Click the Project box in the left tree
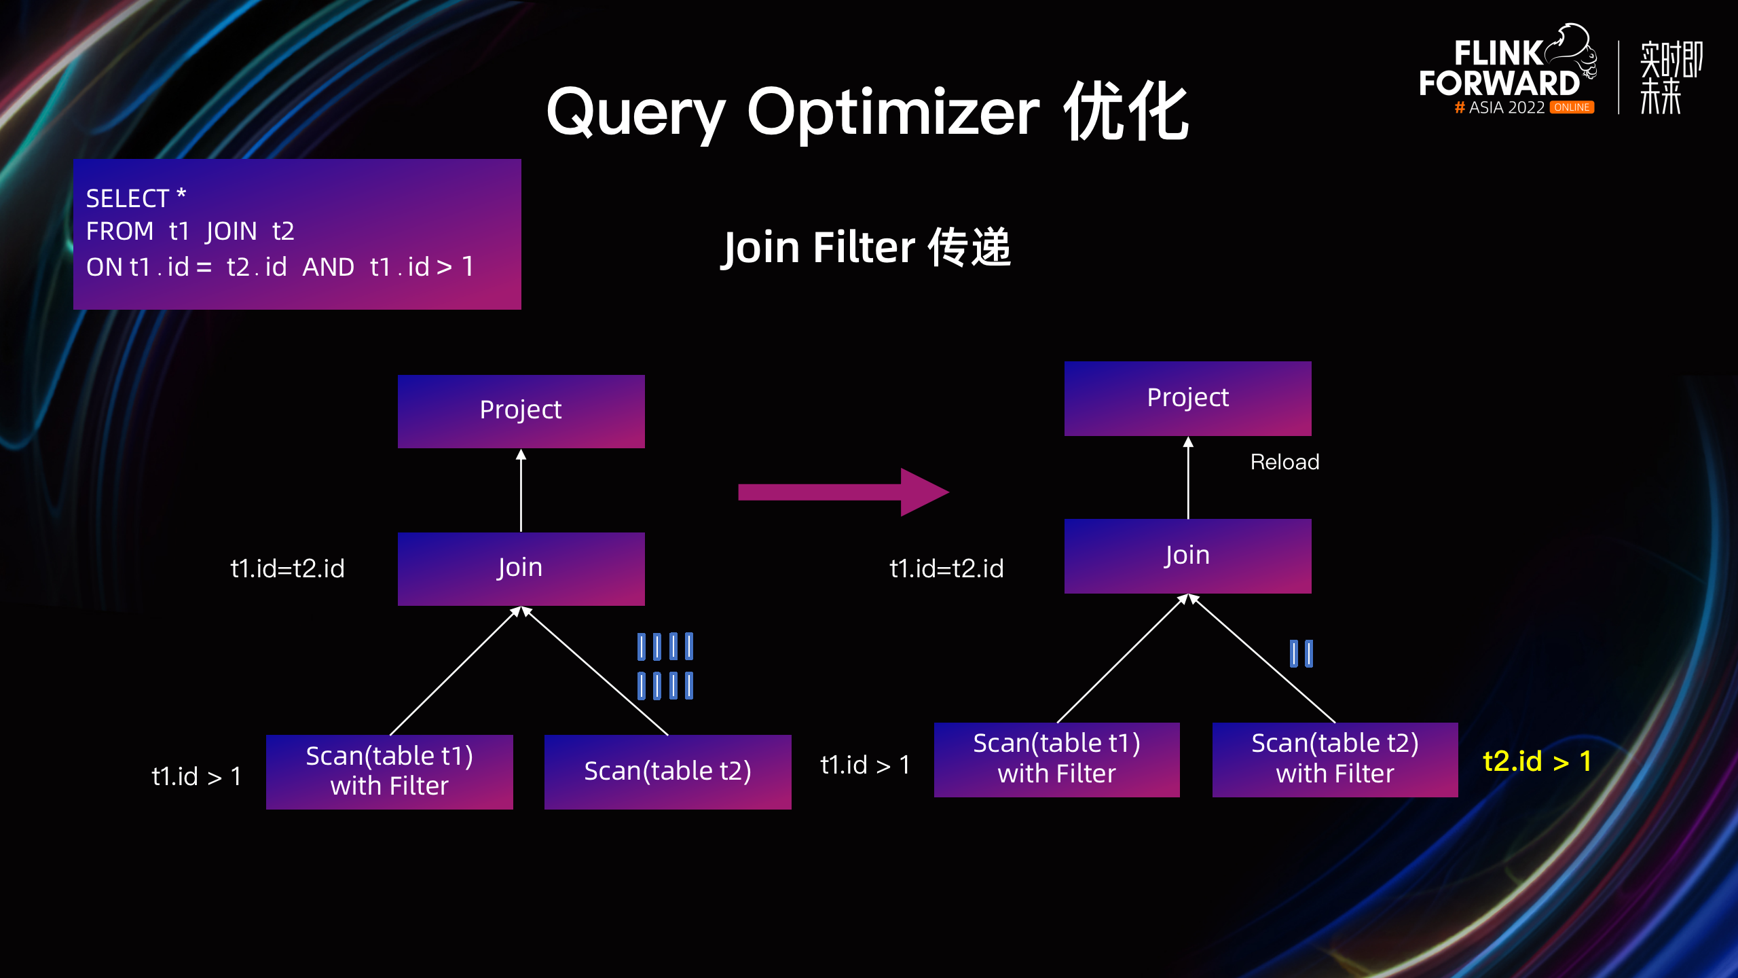tap(521, 411)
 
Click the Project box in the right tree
tap(1187, 399)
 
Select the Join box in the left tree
tap(521, 568)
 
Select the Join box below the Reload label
tap(1187, 556)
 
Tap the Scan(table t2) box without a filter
tap(667, 772)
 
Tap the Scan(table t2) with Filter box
tap(1335, 759)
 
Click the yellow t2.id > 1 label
tap(1537, 761)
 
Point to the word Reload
tap(1284, 463)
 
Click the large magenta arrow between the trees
tap(843, 492)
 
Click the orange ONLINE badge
tap(1572, 107)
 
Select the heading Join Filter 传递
tap(866, 247)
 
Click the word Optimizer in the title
tap(893, 113)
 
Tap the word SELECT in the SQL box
tap(128, 199)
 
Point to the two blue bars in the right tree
tap(1301, 653)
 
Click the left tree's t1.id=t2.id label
tap(287, 568)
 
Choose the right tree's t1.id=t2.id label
tap(946, 568)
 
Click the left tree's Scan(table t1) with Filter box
tap(389, 772)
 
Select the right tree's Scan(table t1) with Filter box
tap(1056, 759)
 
